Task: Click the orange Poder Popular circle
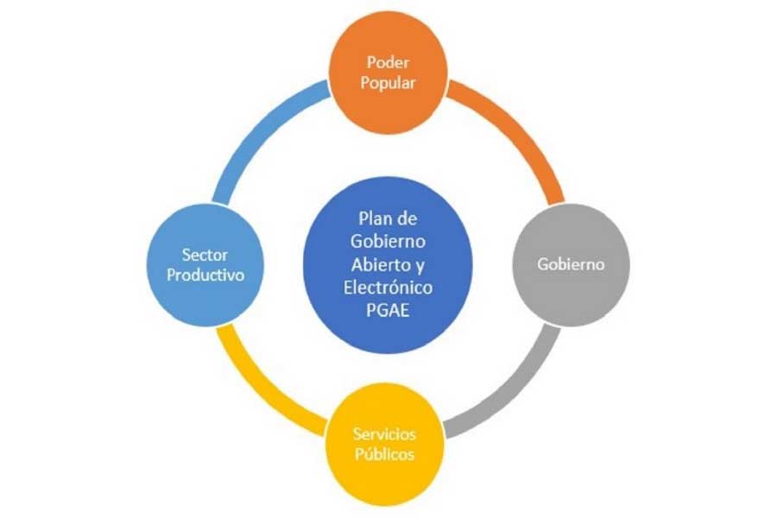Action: click(x=388, y=73)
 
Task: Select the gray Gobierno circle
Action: click(x=571, y=264)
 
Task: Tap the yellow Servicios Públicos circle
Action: click(x=384, y=444)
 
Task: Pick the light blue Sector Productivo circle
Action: click(x=205, y=265)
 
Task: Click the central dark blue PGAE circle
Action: click(x=388, y=265)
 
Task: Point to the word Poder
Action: click(x=388, y=62)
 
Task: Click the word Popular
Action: click(x=388, y=83)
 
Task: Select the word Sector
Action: click(x=205, y=255)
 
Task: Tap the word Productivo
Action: click(x=205, y=275)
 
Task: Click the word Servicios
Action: click(x=384, y=434)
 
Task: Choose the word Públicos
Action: click(x=384, y=454)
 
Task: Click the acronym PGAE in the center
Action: click(x=388, y=310)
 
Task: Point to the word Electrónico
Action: click(x=388, y=287)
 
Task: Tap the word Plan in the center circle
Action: click(x=376, y=218)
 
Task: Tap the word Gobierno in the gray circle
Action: click(x=571, y=263)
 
